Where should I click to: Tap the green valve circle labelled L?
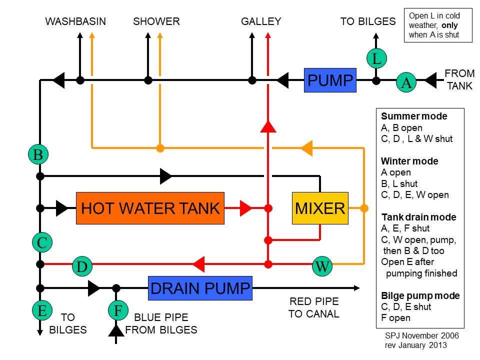376,58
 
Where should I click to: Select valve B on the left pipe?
38,154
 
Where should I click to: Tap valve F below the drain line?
118,310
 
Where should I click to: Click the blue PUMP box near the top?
330,80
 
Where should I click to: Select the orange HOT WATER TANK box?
150,208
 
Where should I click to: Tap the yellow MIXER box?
320,208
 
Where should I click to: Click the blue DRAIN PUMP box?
200,288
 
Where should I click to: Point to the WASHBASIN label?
75,21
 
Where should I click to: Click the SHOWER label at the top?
156,21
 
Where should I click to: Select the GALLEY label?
261,21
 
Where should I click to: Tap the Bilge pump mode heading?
420,295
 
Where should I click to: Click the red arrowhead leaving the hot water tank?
245,208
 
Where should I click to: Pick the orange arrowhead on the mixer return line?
306,148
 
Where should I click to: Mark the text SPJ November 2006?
421,335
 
